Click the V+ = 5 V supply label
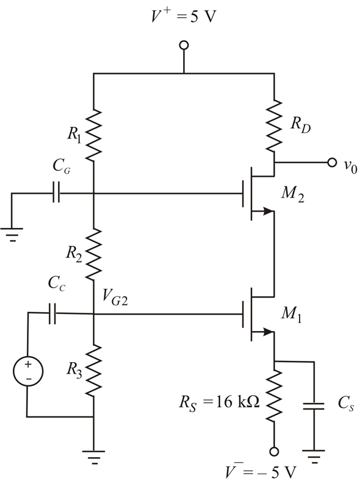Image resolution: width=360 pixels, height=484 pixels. [x=184, y=16]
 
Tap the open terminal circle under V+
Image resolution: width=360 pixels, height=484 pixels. [x=184, y=45]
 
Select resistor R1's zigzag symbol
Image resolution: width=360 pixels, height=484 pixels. [x=93, y=135]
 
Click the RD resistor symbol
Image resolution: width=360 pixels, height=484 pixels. [x=274, y=126]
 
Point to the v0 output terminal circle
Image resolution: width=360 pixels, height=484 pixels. [x=332, y=162]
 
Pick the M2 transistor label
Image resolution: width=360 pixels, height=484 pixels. [x=293, y=194]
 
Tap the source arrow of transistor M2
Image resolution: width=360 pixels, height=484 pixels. [x=268, y=212]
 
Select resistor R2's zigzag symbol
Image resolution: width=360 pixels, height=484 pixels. [x=93, y=254]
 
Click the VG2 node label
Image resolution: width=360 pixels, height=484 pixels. [x=115, y=297]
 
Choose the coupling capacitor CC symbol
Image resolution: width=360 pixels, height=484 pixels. [x=52, y=313]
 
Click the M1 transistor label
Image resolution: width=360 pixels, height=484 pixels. [x=291, y=315]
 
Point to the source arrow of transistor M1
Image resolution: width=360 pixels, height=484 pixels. [x=268, y=332]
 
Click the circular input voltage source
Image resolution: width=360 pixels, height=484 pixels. [x=28, y=371]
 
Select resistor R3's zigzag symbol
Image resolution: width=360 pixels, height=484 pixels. [x=93, y=371]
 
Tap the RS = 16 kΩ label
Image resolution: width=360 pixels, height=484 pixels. [x=220, y=403]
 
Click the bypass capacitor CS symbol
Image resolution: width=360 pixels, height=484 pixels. [x=314, y=406]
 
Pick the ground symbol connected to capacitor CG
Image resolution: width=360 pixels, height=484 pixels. [x=12, y=235]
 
